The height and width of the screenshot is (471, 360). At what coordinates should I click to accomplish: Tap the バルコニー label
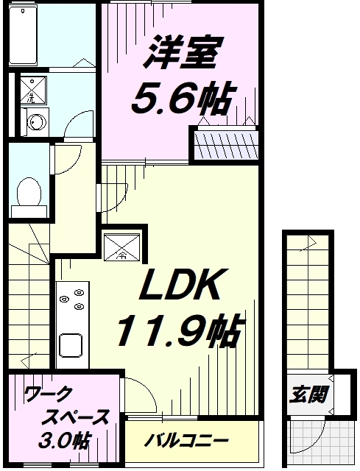click(186, 441)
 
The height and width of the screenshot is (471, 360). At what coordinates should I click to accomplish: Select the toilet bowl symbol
click(29, 194)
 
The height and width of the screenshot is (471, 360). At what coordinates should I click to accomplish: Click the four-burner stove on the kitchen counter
click(71, 303)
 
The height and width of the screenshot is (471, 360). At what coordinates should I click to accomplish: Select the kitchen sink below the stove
click(71, 344)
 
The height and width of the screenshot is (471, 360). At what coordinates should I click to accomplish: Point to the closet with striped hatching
click(225, 144)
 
